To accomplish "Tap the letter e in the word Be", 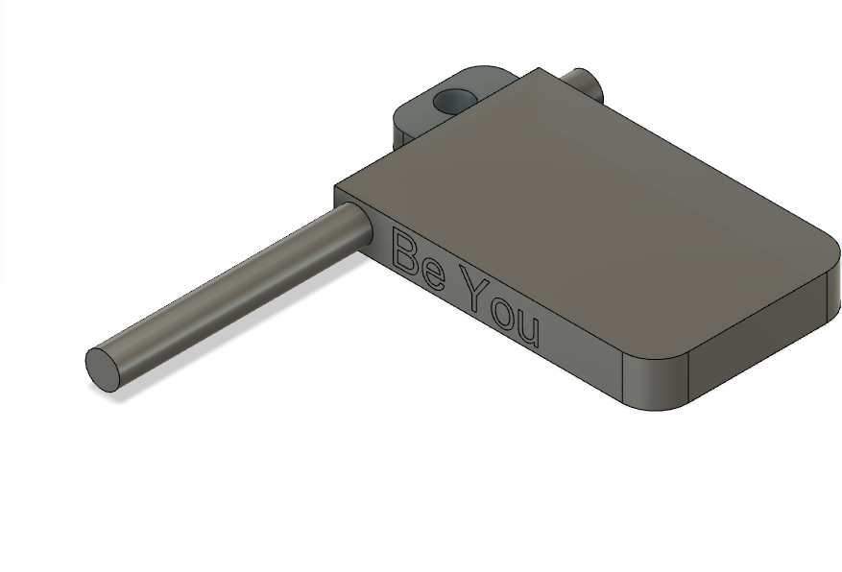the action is point(434,274).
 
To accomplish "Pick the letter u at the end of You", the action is point(529,330).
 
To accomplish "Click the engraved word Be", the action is point(420,259).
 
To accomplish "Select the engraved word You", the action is point(501,307).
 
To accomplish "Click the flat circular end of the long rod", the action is point(103,369).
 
